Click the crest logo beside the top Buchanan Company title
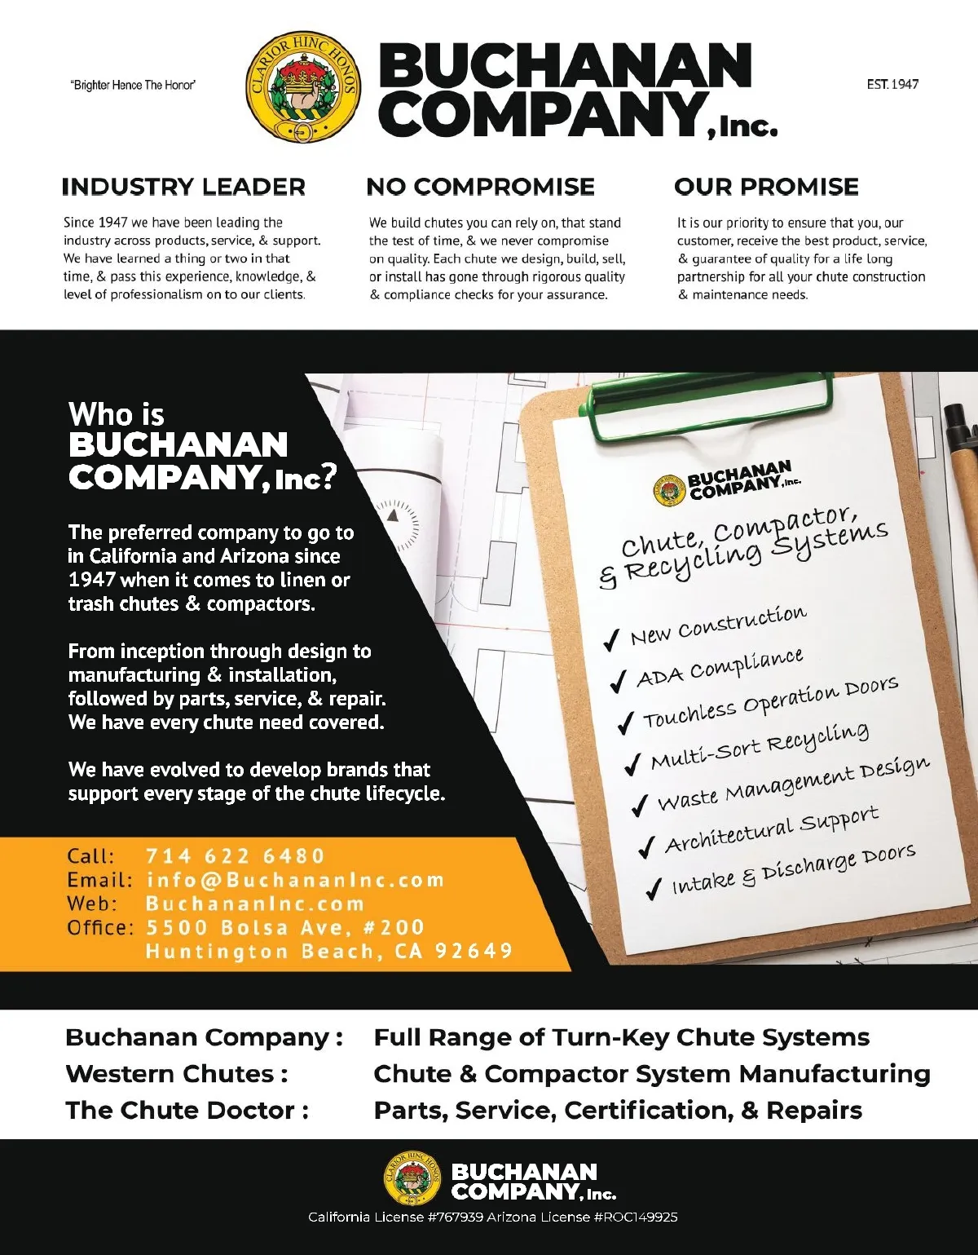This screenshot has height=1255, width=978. point(302,87)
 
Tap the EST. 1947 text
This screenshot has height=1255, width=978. point(892,84)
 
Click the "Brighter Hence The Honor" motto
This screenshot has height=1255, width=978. point(133,85)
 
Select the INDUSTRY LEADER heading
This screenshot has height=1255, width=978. point(183,187)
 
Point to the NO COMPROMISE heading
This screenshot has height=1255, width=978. point(480,187)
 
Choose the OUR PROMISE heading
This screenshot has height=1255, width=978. point(766,187)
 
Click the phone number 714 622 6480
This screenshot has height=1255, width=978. point(236,856)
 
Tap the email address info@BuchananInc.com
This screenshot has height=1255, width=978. point(295,880)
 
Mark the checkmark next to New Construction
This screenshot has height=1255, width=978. point(611,640)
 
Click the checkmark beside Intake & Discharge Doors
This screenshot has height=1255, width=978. point(653,889)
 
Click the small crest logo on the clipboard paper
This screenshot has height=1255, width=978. point(669,490)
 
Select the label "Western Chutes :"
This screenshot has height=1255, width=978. point(177,1074)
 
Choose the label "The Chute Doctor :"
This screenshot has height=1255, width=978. point(187,1111)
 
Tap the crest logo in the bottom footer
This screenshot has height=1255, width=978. point(412,1178)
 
